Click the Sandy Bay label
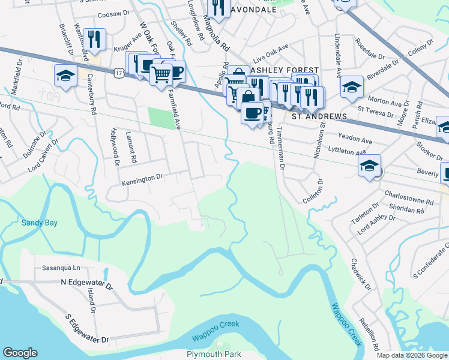39,223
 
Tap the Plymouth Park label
214,354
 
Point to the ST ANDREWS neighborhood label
319,116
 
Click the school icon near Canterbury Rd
65,76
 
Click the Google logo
20,353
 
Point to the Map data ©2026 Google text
412,355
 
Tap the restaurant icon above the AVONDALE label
217,7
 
